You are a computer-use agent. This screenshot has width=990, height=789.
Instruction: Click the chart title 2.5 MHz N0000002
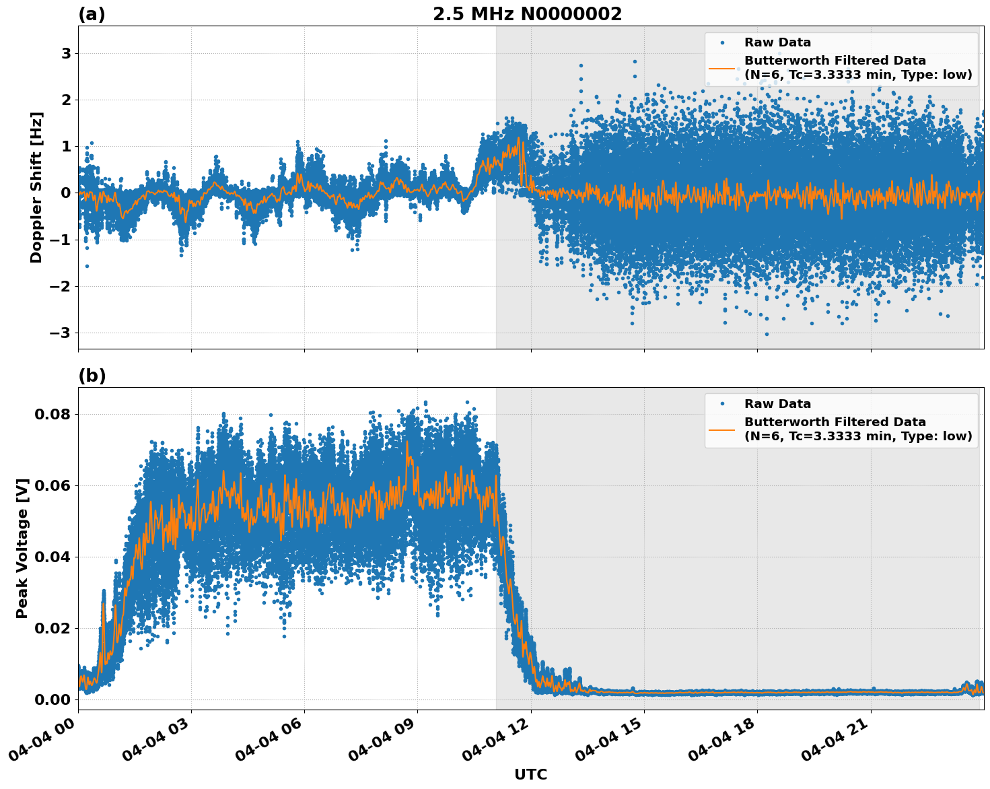pyautogui.click(x=527, y=14)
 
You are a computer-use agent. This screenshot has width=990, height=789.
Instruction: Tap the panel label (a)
pyautogui.click(x=92, y=14)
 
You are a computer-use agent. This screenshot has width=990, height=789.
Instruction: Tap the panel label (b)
pyautogui.click(x=92, y=376)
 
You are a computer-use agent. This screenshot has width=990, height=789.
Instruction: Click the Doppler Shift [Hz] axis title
pyautogui.click(x=36, y=187)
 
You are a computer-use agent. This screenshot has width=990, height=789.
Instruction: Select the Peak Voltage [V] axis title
pyautogui.click(x=23, y=548)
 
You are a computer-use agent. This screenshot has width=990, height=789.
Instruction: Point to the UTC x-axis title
pyautogui.click(x=530, y=774)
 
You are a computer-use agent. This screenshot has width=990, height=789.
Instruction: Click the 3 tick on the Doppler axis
pyautogui.click(x=66, y=53)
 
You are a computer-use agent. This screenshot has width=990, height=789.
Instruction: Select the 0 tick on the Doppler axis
pyautogui.click(x=66, y=193)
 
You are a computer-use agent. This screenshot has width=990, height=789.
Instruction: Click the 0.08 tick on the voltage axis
pyautogui.click(x=52, y=414)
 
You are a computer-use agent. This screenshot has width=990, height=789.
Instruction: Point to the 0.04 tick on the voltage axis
pyautogui.click(x=52, y=557)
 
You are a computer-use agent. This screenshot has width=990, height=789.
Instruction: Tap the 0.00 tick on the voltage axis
pyautogui.click(x=52, y=699)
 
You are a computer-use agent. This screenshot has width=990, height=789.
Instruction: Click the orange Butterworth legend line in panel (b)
pyautogui.click(x=722, y=429)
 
